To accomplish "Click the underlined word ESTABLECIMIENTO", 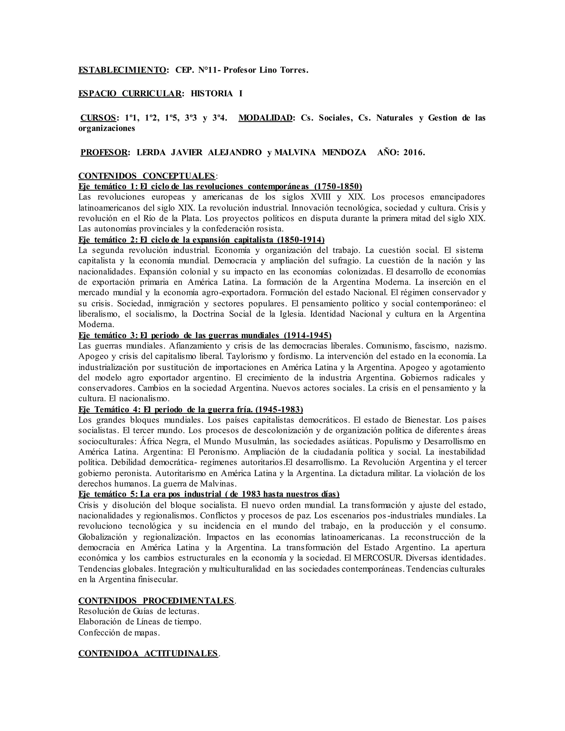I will coord(122,70).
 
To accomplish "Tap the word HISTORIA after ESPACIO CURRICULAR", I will coord(212,94).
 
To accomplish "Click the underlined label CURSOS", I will coord(98,118).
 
